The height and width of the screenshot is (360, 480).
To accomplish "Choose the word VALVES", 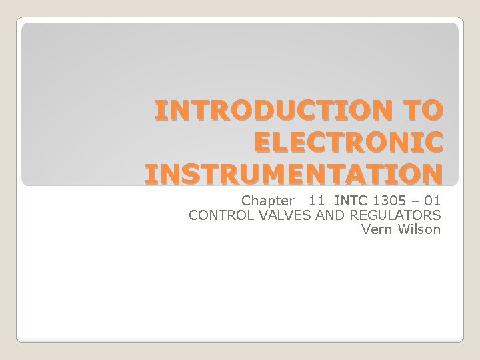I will click(275, 215).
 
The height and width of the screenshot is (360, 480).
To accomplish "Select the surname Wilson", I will click(419, 230).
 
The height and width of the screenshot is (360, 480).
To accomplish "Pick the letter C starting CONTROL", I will click(194, 215).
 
